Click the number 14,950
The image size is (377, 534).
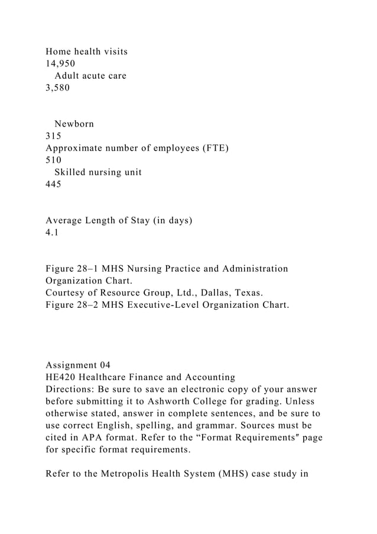click(60, 64)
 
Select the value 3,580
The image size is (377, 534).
click(57, 88)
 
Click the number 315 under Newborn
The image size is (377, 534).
click(54, 136)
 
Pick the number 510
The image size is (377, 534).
click(54, 160)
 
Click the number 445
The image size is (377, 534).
click(54, 184)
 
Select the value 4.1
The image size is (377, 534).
click(52, 232)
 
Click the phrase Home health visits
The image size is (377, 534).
click(87, 52)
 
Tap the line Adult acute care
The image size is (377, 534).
click(90, 76)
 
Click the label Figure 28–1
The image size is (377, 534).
click(73, 269)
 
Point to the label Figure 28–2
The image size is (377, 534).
click(73, 305)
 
